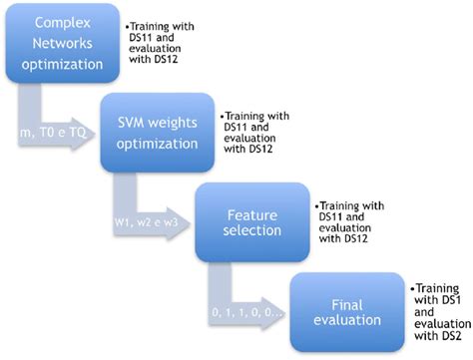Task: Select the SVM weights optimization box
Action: [157, 132]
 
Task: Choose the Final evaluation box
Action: [343, 311]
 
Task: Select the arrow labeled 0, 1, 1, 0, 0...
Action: [244, 311]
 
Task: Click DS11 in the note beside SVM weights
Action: [238, 127]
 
